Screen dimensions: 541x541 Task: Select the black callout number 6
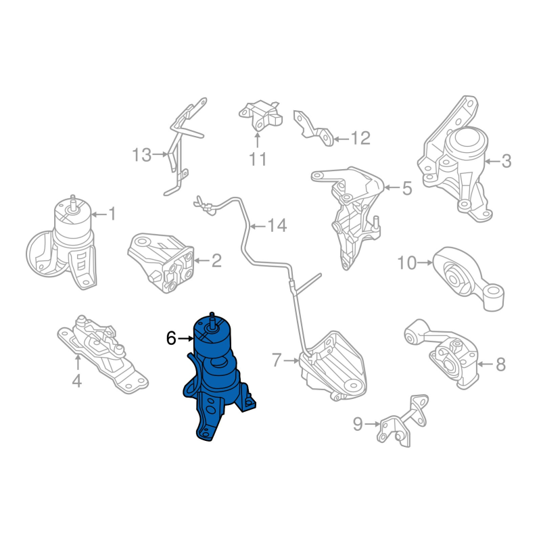171,339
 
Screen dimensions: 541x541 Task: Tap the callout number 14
277,226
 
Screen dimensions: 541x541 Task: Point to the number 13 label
141,155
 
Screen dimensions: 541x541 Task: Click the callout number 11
258,159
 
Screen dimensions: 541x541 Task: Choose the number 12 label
360,139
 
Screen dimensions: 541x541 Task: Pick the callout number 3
506,161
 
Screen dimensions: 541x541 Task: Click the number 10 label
407,263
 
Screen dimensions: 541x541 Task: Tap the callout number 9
358,424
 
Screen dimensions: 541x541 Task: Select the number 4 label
77,381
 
